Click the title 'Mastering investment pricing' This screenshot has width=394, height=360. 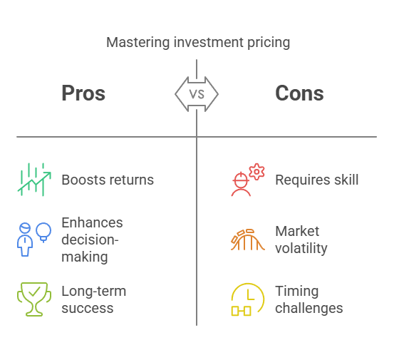tap(198, 43)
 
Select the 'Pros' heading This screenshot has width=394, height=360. tap(83, 93)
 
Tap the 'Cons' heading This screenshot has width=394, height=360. tap(299, 93)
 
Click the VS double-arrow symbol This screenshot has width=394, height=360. tap(197, 94)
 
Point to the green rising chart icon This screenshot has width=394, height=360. tap(34, 180)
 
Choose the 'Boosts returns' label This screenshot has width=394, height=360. tap(108, 180)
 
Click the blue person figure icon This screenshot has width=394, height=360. tap(25, 240)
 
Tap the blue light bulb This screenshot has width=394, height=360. tap(43, 232)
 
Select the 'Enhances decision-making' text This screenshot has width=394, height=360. tap(92, 240)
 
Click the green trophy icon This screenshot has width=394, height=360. tap(34, 299)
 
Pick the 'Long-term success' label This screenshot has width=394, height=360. tap(94, 299)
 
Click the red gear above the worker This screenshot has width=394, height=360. tap(256, 172)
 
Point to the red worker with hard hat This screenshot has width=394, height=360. tap(241, 184)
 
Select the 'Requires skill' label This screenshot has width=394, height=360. tap(317, 180)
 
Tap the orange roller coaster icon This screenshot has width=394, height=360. tap(248, 240)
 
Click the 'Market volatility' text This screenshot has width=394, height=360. tap(301, 240)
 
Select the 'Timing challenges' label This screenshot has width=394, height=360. tap(309, 299)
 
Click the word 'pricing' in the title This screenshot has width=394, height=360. tap(269, 43)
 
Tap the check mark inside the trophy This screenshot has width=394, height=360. tap(34, 292)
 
